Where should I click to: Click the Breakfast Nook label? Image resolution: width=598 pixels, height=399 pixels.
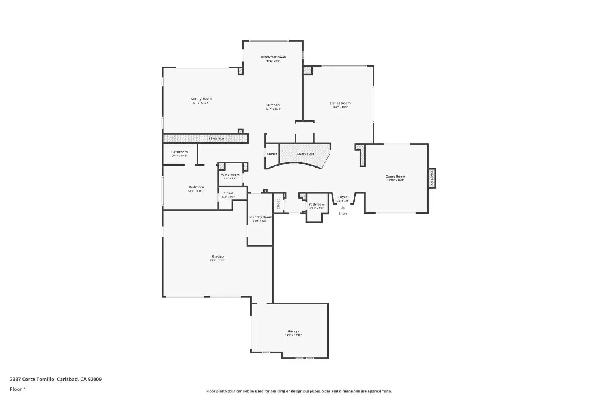(273, 57)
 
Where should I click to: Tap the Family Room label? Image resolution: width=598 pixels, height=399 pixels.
(201, 99)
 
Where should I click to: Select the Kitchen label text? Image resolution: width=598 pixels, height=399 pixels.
(273, 105)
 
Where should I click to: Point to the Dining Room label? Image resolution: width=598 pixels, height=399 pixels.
(340, 103)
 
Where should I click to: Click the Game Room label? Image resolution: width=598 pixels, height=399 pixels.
(395, 177)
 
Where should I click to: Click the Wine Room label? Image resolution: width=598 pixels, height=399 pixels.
(230, 175)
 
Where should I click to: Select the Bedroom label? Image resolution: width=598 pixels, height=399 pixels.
(196, 187)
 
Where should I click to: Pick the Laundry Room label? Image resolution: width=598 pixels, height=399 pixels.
(260, 217)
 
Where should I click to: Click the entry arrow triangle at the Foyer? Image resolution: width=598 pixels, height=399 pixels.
(343, 208)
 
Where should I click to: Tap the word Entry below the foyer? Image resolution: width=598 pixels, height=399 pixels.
(343, 214)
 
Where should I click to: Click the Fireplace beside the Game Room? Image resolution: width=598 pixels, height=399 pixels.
(432, 178)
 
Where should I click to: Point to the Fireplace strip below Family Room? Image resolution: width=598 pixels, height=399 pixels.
(216, 138)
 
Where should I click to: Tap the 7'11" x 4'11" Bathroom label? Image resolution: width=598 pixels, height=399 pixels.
(179, 152)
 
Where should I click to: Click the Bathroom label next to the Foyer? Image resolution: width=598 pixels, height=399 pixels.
(316, 205)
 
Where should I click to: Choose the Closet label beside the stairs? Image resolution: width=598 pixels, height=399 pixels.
(272, 154)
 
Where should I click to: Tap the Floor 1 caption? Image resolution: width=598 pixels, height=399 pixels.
(18, 389)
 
